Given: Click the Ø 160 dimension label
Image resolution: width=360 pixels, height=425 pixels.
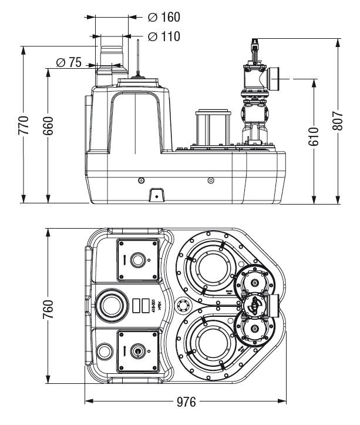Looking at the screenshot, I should tap(164, 17).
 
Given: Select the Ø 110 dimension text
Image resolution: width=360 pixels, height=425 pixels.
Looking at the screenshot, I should tap(164, 36).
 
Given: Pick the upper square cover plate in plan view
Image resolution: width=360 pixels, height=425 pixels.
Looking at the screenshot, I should tap(138, 259).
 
